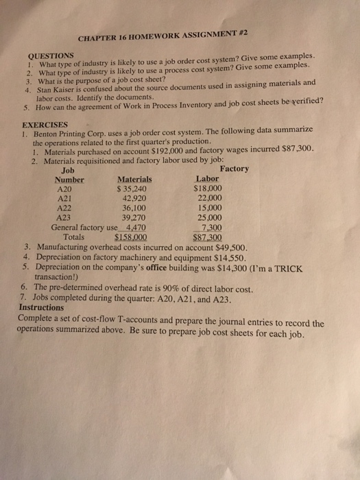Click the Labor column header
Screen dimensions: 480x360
point(208,180)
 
